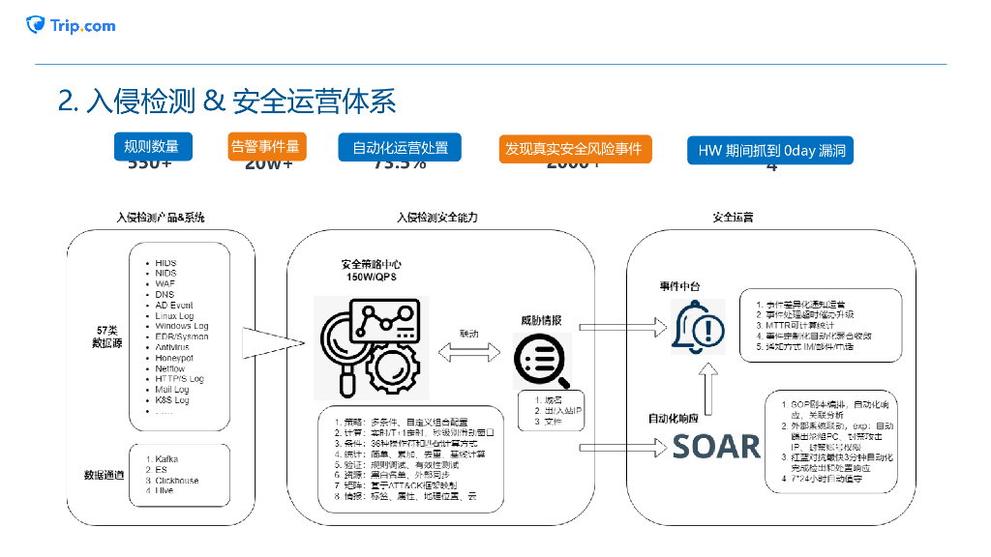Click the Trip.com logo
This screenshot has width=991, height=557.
click(71, 25)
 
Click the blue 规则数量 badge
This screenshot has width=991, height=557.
click(152, 146)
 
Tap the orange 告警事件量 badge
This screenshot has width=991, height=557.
click(266, 146)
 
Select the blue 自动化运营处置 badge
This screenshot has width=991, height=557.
click(400, 148)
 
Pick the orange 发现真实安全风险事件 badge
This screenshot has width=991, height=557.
click(573, 149)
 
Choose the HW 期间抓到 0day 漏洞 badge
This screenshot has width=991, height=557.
click(771, 150)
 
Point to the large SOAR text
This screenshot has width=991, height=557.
click(717, 446)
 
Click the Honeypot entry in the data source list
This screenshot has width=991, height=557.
click(174, 358)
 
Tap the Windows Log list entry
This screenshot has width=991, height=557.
click(181, 327)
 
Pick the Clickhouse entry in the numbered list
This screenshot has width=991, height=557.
click(177, 481)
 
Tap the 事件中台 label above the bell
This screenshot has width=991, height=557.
click(679, 285)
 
